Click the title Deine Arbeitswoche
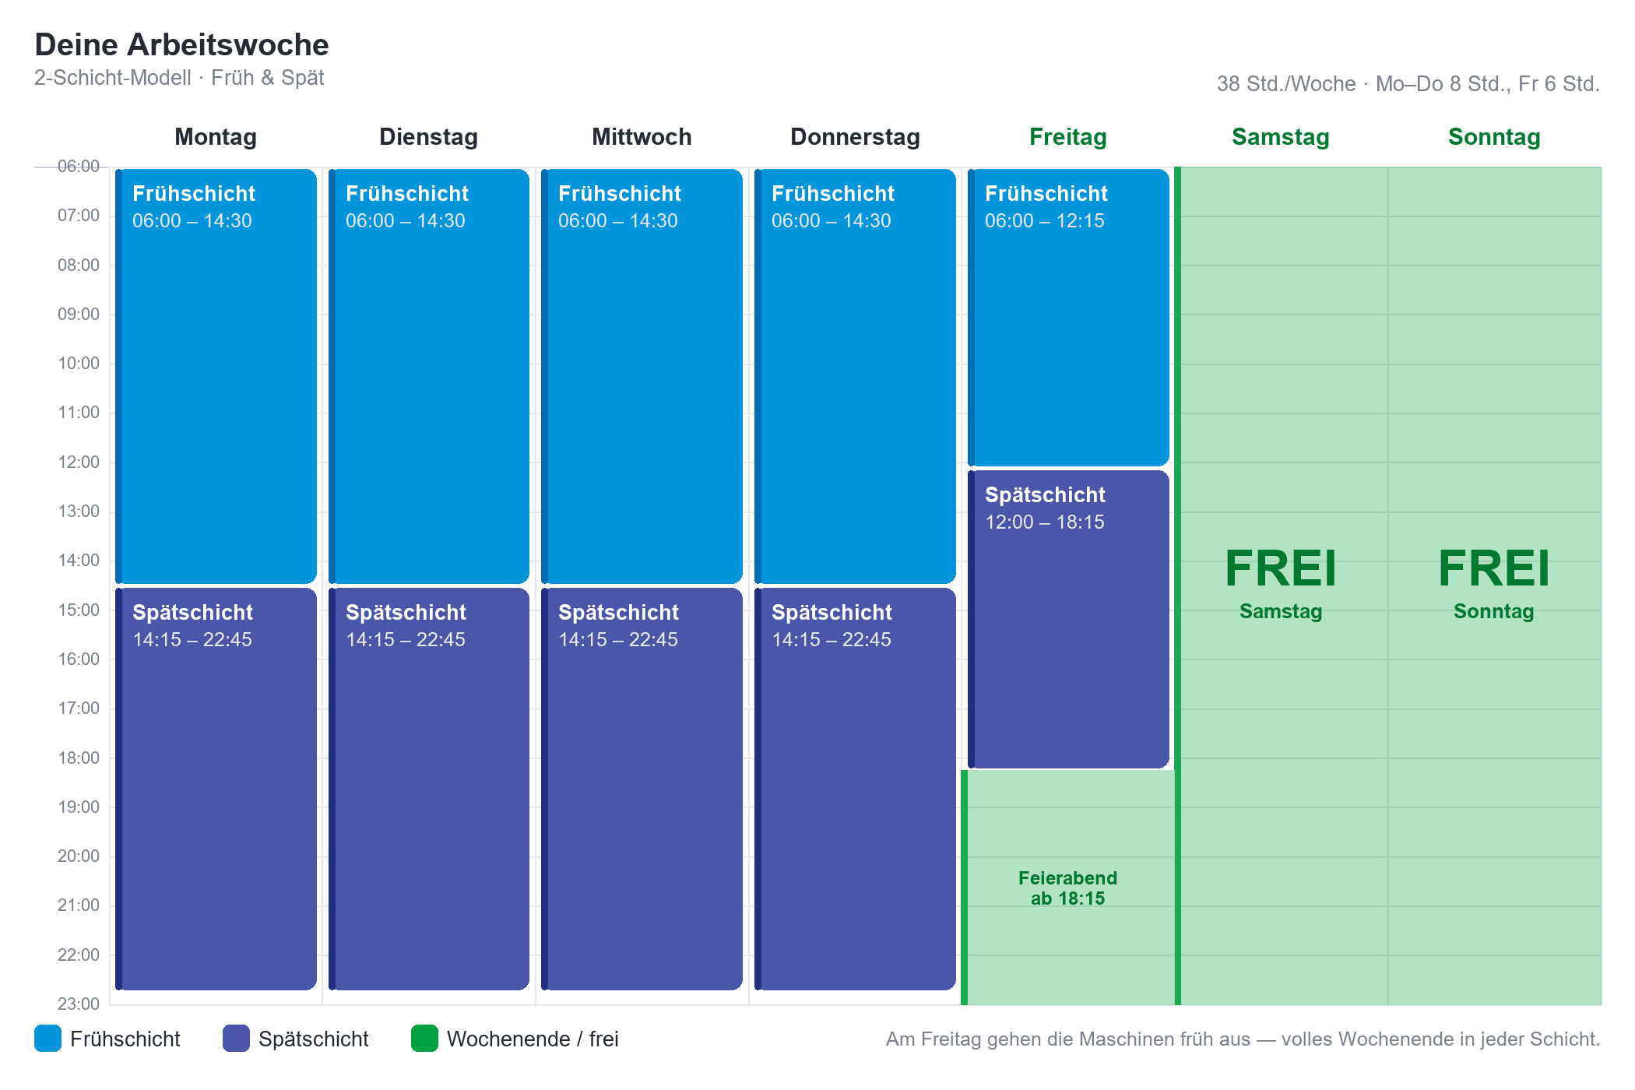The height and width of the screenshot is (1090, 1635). [x=181, y=45]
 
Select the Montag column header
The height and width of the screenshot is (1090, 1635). [x=216, y=137]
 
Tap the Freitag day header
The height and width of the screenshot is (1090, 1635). [x=1067, y=137]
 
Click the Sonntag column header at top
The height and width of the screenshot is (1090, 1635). [x=1494, y=137]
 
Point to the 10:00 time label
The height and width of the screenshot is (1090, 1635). [x=79, y=364]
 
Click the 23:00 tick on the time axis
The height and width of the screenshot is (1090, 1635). [x=79, y=1004]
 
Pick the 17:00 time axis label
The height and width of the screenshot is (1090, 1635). [x=79, y=708]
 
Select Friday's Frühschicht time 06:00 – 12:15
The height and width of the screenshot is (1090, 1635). [x=1044, y=221]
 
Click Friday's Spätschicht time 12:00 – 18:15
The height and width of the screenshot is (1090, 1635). [x=1044, y=522]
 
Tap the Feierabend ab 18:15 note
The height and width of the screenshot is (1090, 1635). [x=1067, y=888]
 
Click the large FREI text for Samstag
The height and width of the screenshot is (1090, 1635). [x=1281, y=568]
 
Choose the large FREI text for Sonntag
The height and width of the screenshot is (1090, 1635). [x=1494, y=568]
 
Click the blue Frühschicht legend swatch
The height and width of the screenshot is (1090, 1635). [x=47, y=1039]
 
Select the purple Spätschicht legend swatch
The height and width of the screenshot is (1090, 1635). [x=236, y=1039]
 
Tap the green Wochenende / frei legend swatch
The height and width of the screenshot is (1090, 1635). [x=424, y=1039]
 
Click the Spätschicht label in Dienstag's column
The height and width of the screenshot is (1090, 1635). [x=406, y=613]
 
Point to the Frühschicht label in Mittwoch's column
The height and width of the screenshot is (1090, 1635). [x=620, y=194]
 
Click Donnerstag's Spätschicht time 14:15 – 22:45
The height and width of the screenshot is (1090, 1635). [x=831, y=640]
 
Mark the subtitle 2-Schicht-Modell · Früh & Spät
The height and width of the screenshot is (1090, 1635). [x=179, y=78]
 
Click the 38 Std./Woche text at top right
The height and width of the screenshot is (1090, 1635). [x=1286, y=84]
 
